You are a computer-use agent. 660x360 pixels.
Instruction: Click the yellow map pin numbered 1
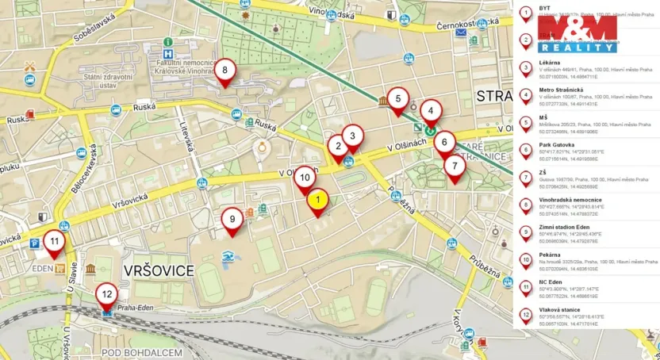[x=317, y=201]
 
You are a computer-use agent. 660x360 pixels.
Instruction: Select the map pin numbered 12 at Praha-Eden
[x=107, y=295]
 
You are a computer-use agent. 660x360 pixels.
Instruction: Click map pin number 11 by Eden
[x=54, y=242]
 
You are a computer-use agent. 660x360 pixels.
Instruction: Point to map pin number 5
[x=398, y=99]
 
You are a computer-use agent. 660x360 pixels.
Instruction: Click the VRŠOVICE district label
[x=159, y=270]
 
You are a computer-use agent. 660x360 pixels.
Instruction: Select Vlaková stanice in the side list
[x=560, y=310]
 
